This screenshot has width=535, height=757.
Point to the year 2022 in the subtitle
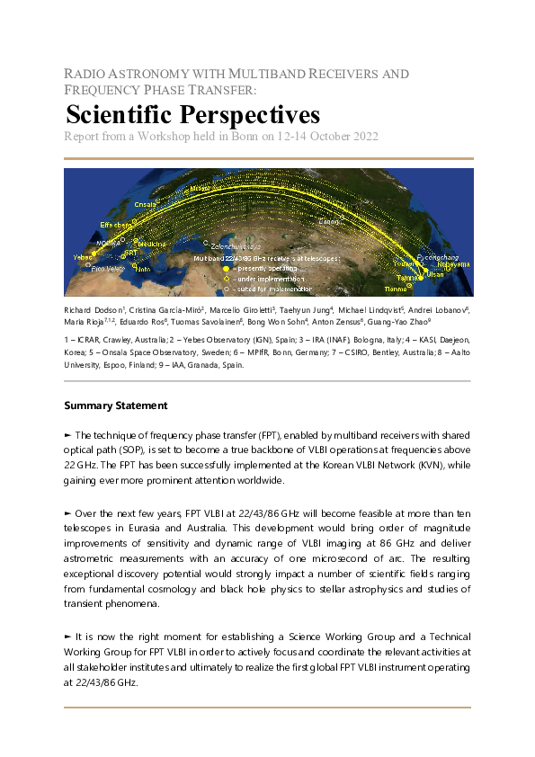coord(361,137)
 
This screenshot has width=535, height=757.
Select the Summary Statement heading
coord(116,405)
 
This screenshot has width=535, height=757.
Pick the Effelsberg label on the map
coord(117,224)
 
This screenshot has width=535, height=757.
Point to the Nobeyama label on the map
coord(453,264)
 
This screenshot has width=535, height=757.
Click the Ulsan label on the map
coord(435,274)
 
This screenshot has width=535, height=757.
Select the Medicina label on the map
coord(150,244)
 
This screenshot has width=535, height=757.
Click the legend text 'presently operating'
coord(266,267)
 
